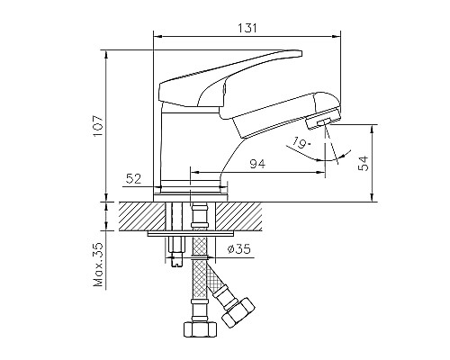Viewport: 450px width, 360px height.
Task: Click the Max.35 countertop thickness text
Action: click(97, 262)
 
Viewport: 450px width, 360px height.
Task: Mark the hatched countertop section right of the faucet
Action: click(270, 217)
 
